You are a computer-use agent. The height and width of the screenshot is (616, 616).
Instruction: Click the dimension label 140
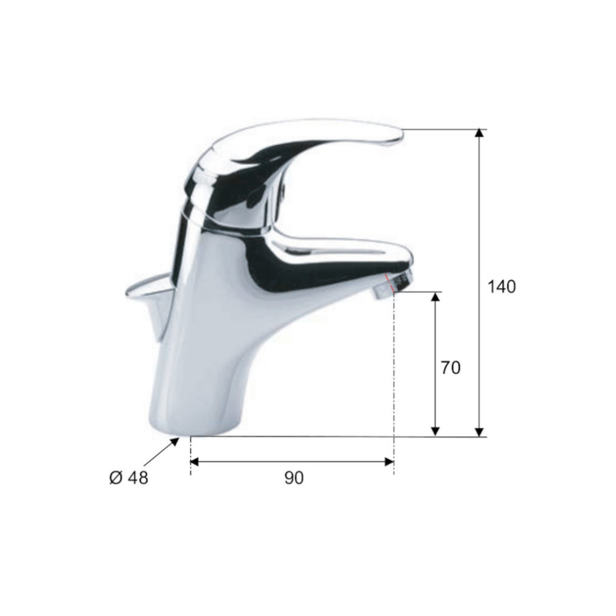(x=501, y=287)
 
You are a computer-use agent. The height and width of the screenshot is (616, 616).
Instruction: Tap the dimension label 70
(x=450, y=368)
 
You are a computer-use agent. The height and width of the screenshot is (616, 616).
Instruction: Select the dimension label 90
(x=294, y=478)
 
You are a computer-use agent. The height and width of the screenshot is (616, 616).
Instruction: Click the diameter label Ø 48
(x=129, y=478)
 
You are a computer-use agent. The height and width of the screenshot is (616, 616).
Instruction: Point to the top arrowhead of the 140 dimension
(x=479, y=133)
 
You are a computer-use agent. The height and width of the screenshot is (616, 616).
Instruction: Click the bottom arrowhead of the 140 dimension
(x=479, y=432)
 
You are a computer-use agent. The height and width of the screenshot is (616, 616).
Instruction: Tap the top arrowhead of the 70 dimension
(x=434, y=296)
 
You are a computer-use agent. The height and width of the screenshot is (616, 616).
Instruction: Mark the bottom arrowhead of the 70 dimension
(x=434, y=432)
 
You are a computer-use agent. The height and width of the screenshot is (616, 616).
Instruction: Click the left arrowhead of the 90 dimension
(x=195, y=461)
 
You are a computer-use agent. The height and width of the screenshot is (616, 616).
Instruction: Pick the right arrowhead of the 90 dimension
(x=389, y=461)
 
